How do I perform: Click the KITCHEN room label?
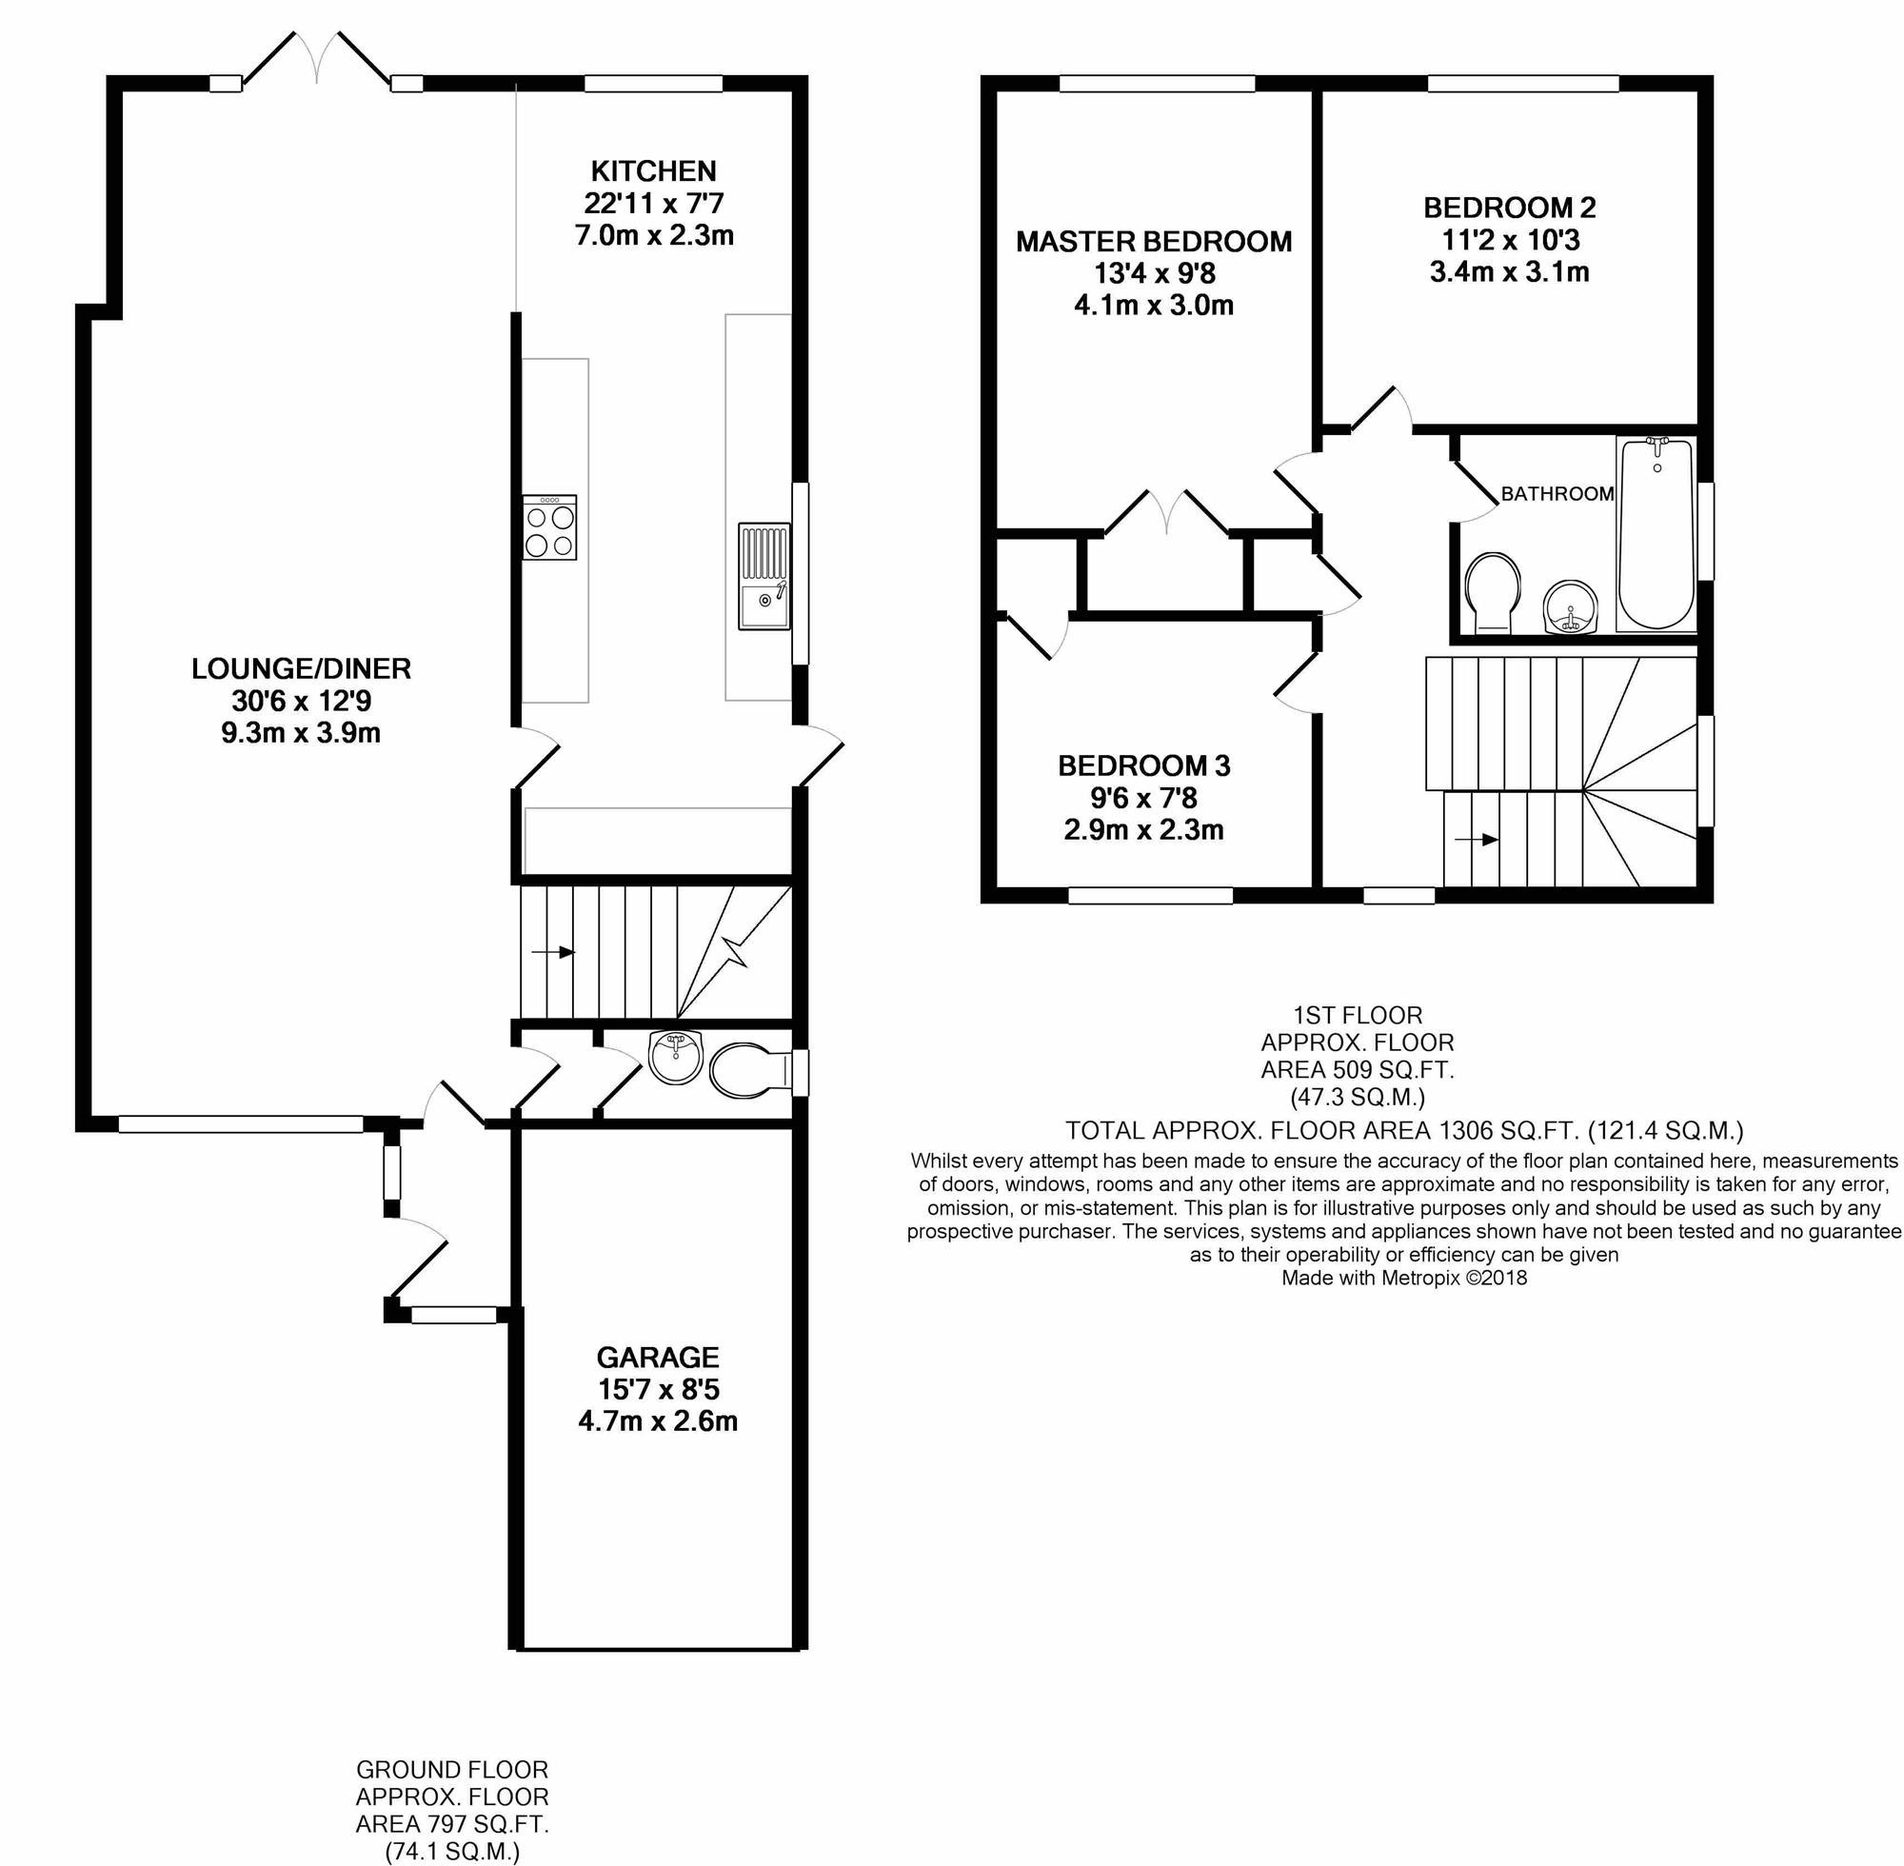coord(654,171)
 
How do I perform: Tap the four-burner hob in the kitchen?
coord(549,527)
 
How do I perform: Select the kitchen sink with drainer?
coord(764,576)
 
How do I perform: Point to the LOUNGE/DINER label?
coord(301,668)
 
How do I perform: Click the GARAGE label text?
coord(658,1358)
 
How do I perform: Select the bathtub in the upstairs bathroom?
coord(1656,533)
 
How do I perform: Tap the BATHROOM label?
coord(1557,494)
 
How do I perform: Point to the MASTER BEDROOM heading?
coord(1154,242)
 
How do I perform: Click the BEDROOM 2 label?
coord(1509,208)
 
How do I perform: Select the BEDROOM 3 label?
coord(1143,765)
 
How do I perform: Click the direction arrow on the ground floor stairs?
coord(553,952)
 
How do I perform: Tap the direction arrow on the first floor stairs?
coord(1477,839)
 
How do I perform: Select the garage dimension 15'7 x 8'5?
coord(659,1390)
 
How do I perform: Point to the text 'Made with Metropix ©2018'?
coord(1404,1278)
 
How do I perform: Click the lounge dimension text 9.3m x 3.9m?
coord(301,732)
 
